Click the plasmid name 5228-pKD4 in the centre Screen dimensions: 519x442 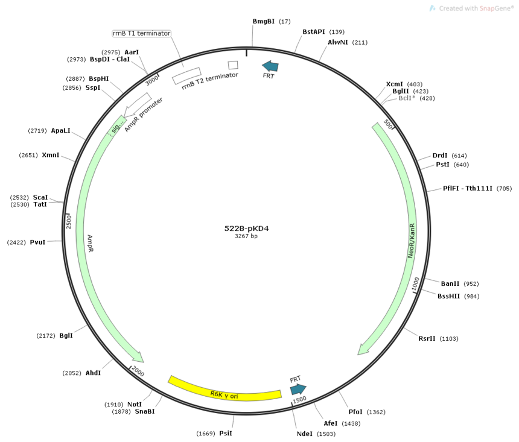point(246,229)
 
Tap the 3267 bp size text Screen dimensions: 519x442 point(246,236)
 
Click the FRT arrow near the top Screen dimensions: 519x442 point(270,66)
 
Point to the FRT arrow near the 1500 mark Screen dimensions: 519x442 point(298,389)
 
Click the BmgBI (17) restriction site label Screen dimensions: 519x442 point(272,21)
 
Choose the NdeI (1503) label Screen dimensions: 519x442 point(316,434)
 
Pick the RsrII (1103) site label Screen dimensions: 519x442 point(438,338)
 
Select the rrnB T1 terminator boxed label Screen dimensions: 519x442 point(142,33)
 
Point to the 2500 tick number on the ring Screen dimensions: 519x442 point(69,222)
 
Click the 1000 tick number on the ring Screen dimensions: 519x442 point(415,284)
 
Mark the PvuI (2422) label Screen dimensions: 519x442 point(26,242)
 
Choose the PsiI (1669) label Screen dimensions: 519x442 point(214,433)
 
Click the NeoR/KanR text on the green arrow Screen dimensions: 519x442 point(411,241)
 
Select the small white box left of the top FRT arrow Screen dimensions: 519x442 point(233,65)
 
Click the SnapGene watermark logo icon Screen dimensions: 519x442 point(432,8)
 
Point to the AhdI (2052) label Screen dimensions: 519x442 point(81,373)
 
